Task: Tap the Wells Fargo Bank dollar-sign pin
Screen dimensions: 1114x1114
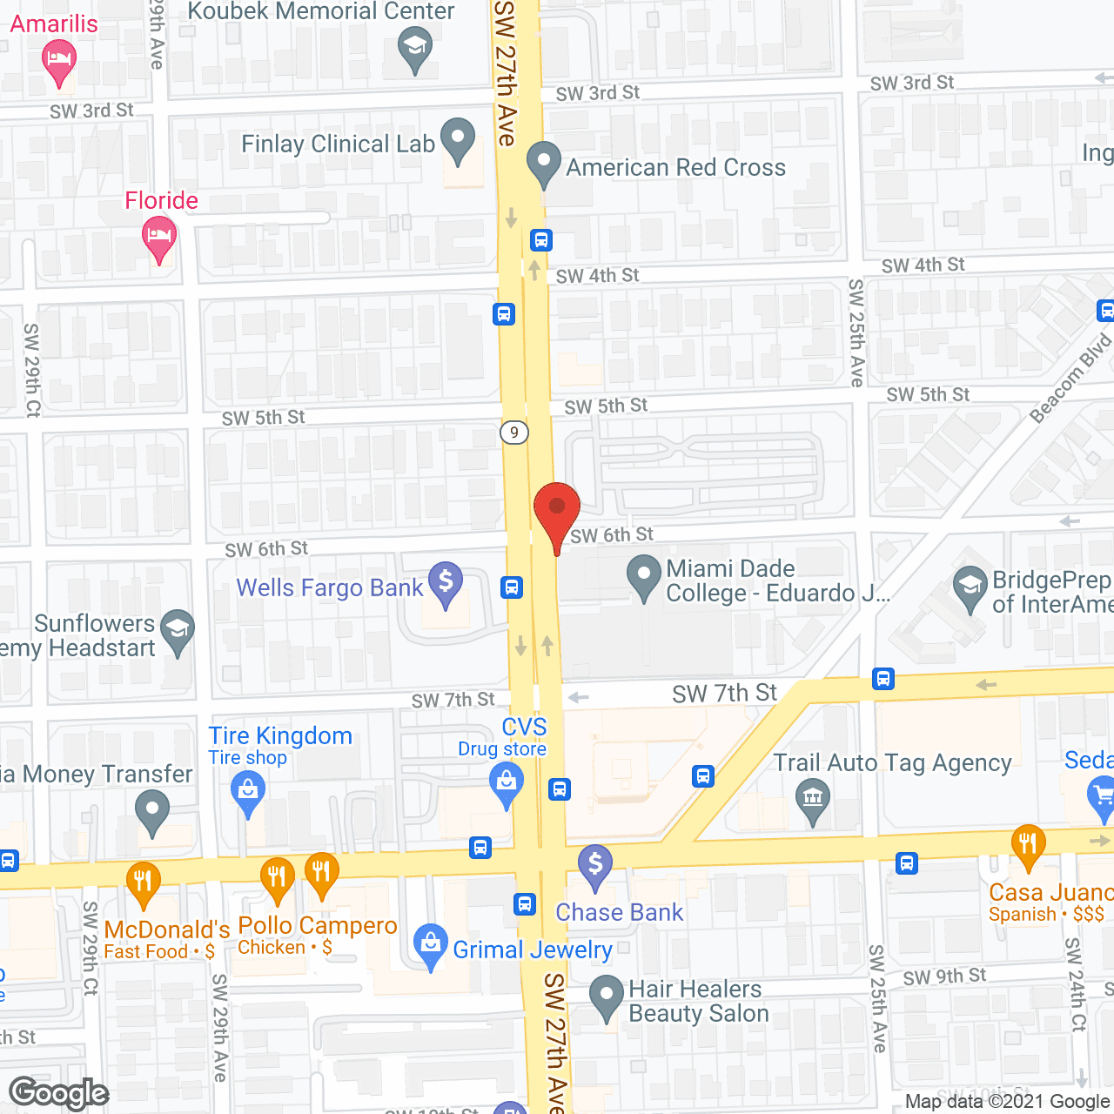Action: point(446,583)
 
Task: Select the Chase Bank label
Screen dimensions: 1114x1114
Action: point(620,912)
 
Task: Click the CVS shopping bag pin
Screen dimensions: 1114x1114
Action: point(507,782)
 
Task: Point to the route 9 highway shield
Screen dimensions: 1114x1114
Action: point(514,432)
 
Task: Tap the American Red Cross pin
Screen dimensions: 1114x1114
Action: point(544,163)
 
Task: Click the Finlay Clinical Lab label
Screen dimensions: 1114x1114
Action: point(338,144)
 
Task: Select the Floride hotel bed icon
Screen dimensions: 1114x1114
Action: point(159,237)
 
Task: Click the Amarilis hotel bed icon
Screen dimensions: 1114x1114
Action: point(59,62)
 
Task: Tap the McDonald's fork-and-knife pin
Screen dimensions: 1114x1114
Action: point(144,882)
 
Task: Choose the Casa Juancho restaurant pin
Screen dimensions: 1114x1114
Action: point(1028,844)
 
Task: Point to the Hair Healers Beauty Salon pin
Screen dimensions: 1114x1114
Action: point(606,997)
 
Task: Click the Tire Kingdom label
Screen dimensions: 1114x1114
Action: point(280,736)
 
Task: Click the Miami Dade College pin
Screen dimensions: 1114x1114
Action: point(644,577)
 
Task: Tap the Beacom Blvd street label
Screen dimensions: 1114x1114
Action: point(1071,379)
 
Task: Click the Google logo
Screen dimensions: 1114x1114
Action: point(59,1093)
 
